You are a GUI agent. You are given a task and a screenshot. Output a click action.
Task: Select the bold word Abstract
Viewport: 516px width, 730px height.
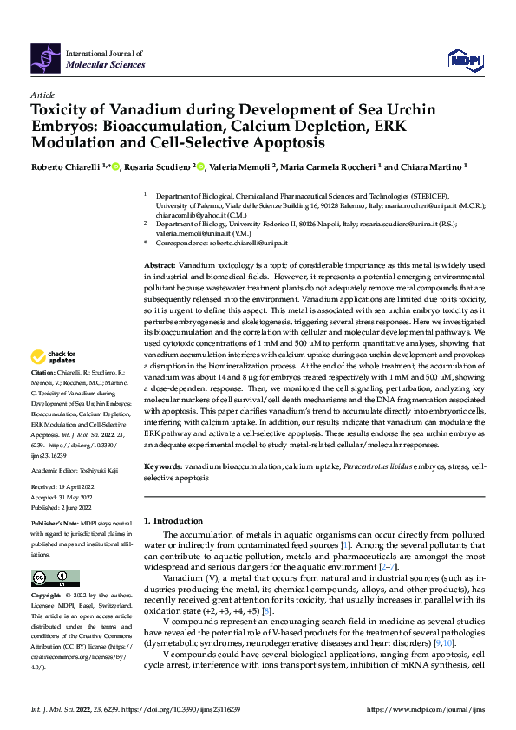(x=158, y=263)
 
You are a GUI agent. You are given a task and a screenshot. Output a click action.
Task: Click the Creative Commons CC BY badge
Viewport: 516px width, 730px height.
(x=56, y=577)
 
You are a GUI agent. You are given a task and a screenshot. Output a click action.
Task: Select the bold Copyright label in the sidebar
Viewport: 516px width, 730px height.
(x=48, y=596)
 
